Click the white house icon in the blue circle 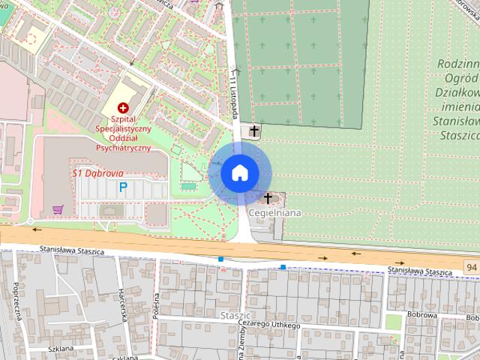point(240,172)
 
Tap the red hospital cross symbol point(122,109)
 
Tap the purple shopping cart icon point(58,209)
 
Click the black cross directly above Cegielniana point(268,199)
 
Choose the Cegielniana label point(274,213)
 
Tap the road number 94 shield point(470,267)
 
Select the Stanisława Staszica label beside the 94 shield point(422,269)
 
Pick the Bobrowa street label point(421,316)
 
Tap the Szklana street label point(58,349)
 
